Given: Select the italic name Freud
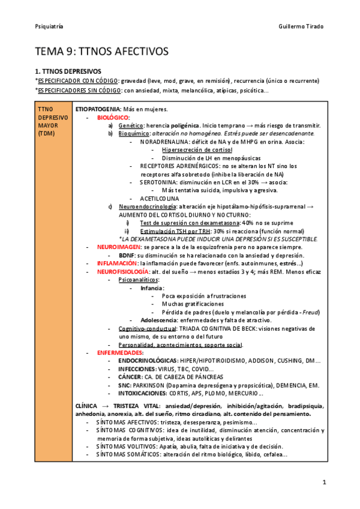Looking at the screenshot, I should (311, 312).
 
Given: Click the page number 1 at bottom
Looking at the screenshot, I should (324, 482).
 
